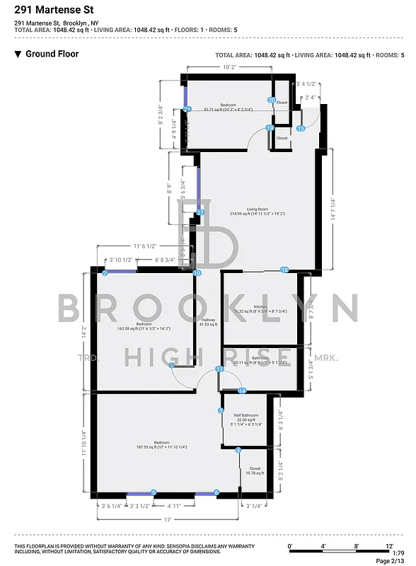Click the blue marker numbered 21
187,109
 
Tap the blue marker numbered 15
301,129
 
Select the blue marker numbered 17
200,212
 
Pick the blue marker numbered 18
284,270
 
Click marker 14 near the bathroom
241,391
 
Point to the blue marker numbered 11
220,369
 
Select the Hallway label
209,320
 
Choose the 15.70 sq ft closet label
254,469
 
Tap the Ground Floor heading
52,54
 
